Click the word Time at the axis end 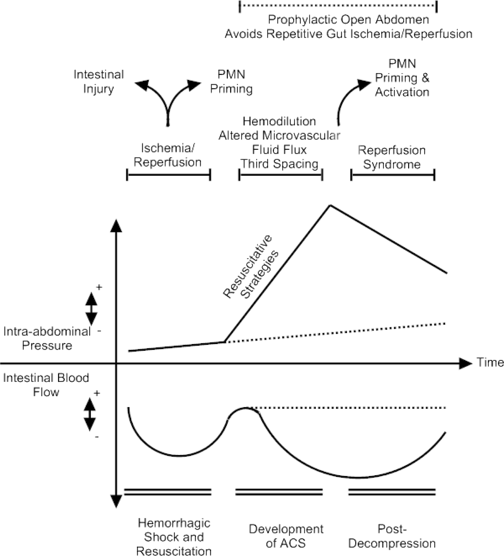pos(490,362)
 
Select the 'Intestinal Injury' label pos(99,82)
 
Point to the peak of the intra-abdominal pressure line pos(330,205)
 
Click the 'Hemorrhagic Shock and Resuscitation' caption pos(174,537)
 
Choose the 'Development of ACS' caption pos(286,536)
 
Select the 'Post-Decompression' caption pos(392,536)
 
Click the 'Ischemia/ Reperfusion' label pos(168,155)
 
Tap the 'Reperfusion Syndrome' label pos(391,157)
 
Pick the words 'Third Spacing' pos(279,164)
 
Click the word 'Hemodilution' pos(279,121)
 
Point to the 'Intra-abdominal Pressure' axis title pos(47,339)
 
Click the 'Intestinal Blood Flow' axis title pos(46,385)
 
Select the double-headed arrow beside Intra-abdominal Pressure pos(91,308)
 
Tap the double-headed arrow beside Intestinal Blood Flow pos(89,414)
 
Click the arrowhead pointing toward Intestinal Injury pos(142,85)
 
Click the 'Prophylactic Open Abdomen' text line pos(348,20)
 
